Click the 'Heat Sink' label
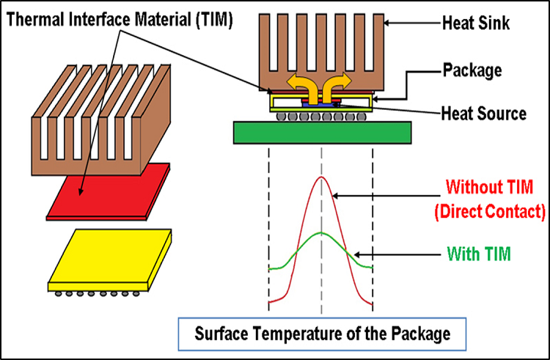pyautogui.click(x=476, y=25)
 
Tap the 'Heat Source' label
pyautogui.click(x=482, y=114)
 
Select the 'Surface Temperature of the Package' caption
pyautogui.click(x=322, y=334)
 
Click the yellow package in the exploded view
pyautogui.click(x=110, y=257)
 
